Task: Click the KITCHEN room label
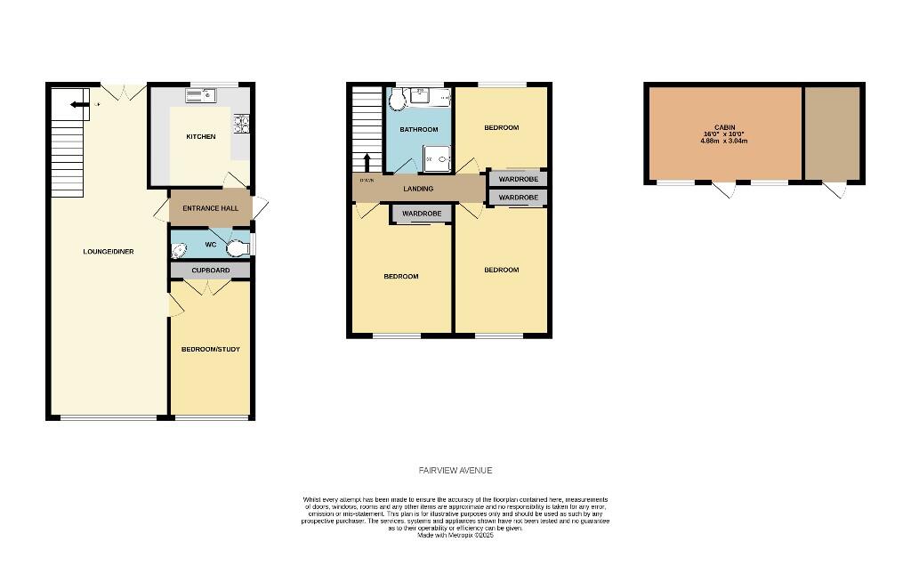tap(200, 136)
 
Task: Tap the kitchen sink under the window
tap(201, 94)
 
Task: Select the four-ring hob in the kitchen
tap(240, 125)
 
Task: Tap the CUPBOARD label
tap(210, 270)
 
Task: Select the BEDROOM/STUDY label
tap(211, 349)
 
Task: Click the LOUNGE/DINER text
tap(109, 252)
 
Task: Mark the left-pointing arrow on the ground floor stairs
tap(80, 105)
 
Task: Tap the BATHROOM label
tap(418, 130)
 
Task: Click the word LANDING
tap(418, 189)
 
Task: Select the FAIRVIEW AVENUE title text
tap(455, 470)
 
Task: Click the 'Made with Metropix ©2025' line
tap(455, 535)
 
